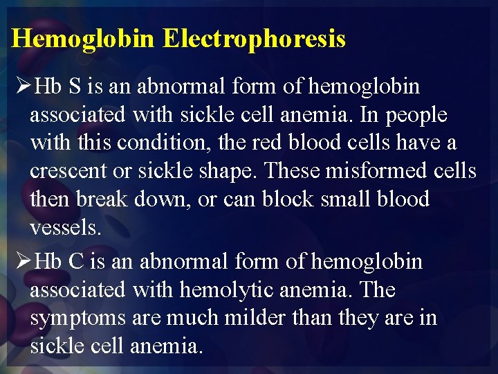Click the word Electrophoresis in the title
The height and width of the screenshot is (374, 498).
[254, 39]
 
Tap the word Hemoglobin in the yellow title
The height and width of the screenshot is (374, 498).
[84, 39]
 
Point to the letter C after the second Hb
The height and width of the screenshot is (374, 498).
[76, 262]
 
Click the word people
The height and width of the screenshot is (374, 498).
[416, 115]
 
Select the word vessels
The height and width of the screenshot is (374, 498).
[65, 227]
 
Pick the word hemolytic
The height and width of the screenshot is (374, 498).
[228, 290]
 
